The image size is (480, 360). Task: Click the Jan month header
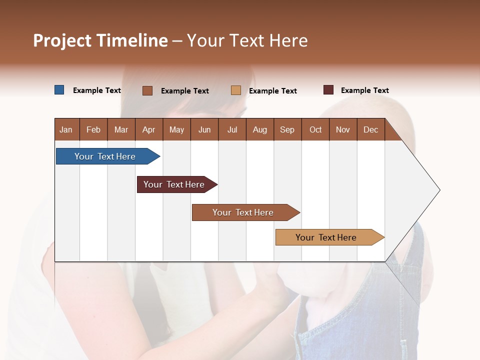(66, 130)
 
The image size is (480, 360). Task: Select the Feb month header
(93, 130)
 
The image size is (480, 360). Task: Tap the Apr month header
(148, 130)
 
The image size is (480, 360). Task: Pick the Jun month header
(204, 130)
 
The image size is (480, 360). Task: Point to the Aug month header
(259, 130)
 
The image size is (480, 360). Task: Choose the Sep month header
(287, 130)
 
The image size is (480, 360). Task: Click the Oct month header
(315, 130)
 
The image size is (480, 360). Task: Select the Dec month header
(370, 130)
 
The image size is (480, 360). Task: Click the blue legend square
(59, 90)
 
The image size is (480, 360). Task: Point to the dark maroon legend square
(328, 90)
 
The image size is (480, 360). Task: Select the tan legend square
(236, 90)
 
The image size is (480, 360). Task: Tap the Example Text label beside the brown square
(184, 91)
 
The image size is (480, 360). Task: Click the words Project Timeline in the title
(100, 40)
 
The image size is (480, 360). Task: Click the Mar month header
(121, 130)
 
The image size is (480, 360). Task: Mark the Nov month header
(343, 130)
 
